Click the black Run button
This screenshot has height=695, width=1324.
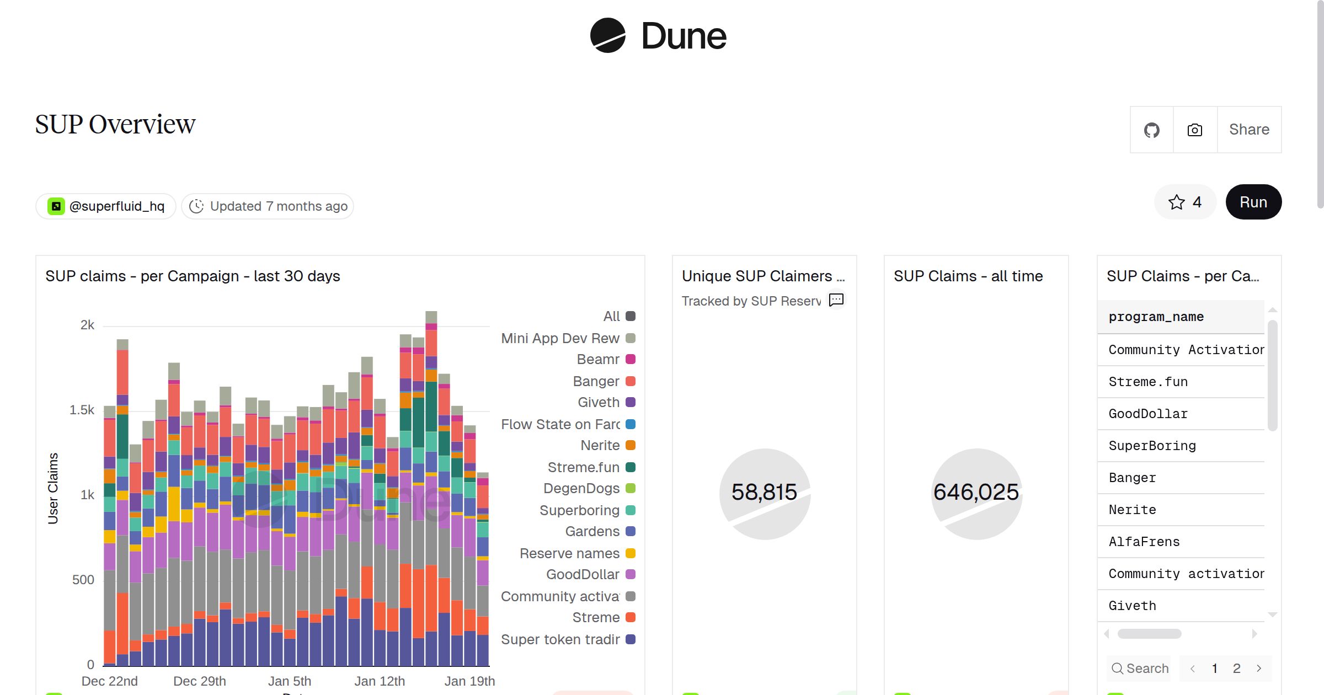pyautogui.click(x=1253, y=202)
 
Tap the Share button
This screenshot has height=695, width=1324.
pyautogui.click(x=1249, y=130)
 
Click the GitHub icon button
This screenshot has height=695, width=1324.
pyautogui.click(x=1151, y=130)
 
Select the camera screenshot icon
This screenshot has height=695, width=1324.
pyautogui.click(x=1195, y=130)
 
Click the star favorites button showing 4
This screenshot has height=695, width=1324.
pyautogui.click(x=1184, y=202)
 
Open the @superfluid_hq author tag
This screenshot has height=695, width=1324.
pyautogui.click(x=106, y=206)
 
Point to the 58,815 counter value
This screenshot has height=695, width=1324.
pyautogui.click(x=764, y=492)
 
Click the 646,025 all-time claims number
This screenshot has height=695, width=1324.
pyautogui.click(x=976, y=492)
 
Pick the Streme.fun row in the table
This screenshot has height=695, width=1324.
pyautogui.click(x=1148, y=382)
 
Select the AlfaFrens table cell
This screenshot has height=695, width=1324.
pyautogui.click(x=1144, y=542)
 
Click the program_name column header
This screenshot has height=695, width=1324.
pyautogui.click(x=1156, y=317)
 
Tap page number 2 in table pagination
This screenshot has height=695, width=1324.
pyautogui.click(x=1236, y=669)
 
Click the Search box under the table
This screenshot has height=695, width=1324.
pyautogui.click(x=1140, y=669)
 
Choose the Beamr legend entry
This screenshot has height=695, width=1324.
pyautogui.click(x=598, y=360)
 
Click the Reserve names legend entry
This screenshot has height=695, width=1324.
pyautogui.click(x=570, y=553)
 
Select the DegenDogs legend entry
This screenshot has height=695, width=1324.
pyautogui.click(x=581, y=489)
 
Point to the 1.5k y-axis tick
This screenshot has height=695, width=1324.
pyautogui.click(x=82, y=410)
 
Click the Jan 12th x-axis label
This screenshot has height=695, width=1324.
pyautogui.click(x=380, y=681)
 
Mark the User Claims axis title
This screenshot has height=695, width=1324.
pyautogui.click(x=53, y=488)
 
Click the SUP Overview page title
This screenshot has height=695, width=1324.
pyautogui.click(x=115, y=124)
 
